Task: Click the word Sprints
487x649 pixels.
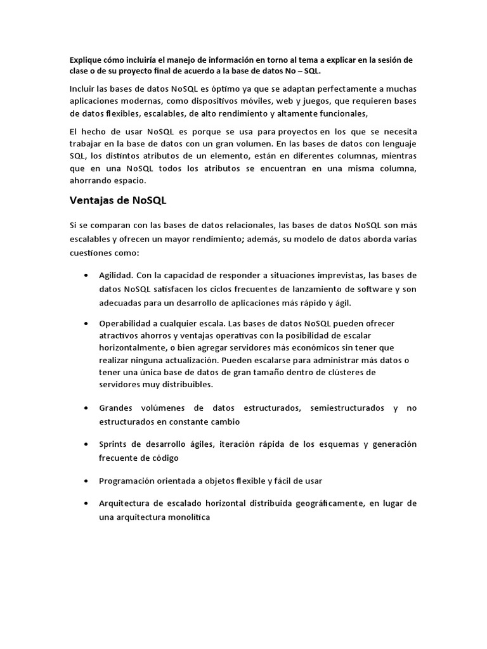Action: pyautogui.click(x=114, y=444)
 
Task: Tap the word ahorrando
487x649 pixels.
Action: pyautogui.click(x=91, y=180)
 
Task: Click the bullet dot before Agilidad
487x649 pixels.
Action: pyautogui.click(x=86, y=276)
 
